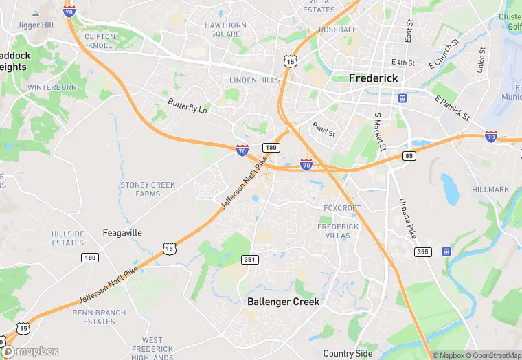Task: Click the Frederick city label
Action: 373,78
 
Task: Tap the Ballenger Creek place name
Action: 282,302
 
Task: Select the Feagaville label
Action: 122,233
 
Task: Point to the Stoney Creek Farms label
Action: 148,190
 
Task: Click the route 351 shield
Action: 250,259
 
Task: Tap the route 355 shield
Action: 422,252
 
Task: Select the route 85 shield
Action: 409,156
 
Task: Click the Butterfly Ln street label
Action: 188,106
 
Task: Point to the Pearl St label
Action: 323,130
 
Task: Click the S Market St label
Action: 380,132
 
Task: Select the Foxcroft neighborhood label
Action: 342,208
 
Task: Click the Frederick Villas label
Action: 338,231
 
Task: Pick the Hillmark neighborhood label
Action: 490,190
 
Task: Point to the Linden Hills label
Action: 254,80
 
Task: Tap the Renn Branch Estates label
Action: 99,317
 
